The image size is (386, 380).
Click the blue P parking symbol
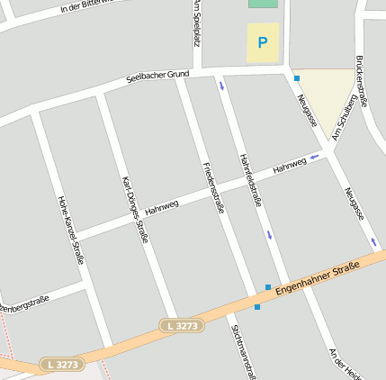click(x=263, y=42)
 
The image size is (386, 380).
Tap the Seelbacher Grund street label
click(x=158, y=77)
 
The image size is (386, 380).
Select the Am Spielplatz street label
click(x=195, y=22)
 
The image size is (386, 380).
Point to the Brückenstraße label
click(x=362, y=81)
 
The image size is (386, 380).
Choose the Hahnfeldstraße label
click(x=251, y=180)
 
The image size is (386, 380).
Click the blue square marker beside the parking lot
click(x=296, y=78)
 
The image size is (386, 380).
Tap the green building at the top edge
click(x=263, y=4)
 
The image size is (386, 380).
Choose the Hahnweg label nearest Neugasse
click(x=289, y=166)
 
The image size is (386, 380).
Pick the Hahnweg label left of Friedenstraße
click(x=161, y=204)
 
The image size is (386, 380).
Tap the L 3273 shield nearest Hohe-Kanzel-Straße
click(x=60, y=365)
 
